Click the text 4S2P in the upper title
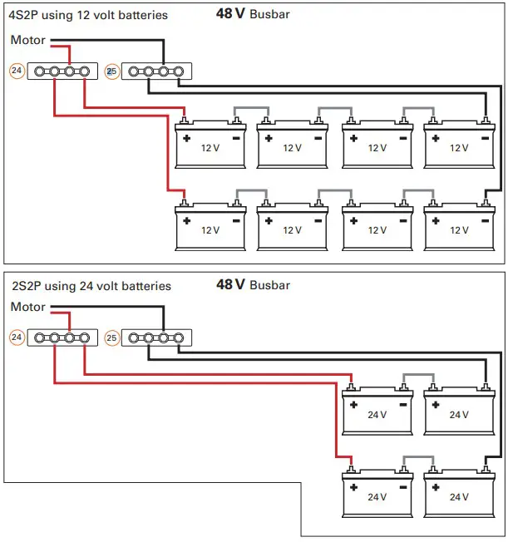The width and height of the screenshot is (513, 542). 24,15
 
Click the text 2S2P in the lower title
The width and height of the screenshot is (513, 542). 26,286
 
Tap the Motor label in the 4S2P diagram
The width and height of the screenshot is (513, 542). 28,40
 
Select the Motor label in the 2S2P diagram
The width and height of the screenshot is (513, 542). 28,307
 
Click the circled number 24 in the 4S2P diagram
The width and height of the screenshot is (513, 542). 16,71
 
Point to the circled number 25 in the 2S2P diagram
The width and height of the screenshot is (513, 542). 111,338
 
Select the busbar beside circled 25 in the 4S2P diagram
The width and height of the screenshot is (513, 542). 155,71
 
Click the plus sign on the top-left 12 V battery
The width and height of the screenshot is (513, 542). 187,138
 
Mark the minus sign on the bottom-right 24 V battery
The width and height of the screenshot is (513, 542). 485,487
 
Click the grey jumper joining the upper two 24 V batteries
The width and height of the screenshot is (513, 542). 417,375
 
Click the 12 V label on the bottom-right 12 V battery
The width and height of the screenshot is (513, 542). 459,229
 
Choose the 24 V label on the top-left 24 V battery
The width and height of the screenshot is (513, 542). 377,414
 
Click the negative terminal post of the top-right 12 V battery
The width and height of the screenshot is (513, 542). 485,120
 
